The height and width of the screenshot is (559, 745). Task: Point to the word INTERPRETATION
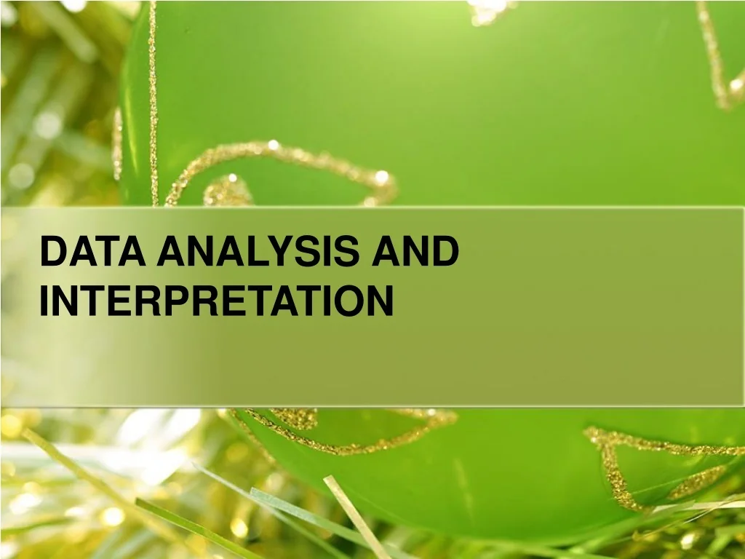216,301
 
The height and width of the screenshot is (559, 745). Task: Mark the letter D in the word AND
445,253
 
